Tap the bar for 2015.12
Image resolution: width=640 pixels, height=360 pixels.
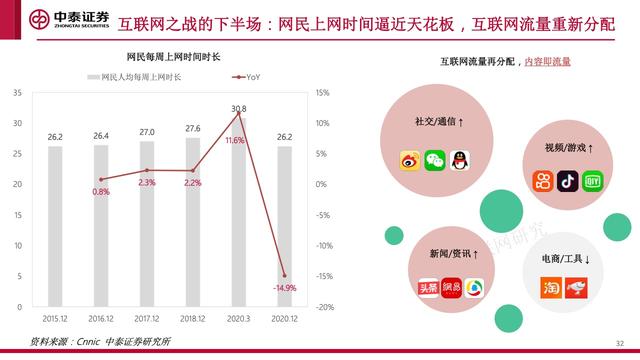click(55, 226)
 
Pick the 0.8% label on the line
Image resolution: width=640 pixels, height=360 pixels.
click(101, 191)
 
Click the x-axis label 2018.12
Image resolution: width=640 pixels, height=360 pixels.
click(193, 317)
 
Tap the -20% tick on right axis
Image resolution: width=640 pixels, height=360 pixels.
click(321, 307)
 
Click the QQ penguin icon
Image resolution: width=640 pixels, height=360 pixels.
click(459, 158)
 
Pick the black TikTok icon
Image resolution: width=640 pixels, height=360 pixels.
click(568, 181)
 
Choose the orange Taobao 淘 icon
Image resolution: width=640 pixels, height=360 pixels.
click(548, 287)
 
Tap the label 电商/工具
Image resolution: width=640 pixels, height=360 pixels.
click(561, 260)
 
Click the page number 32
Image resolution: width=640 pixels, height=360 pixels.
click(620, 342)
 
